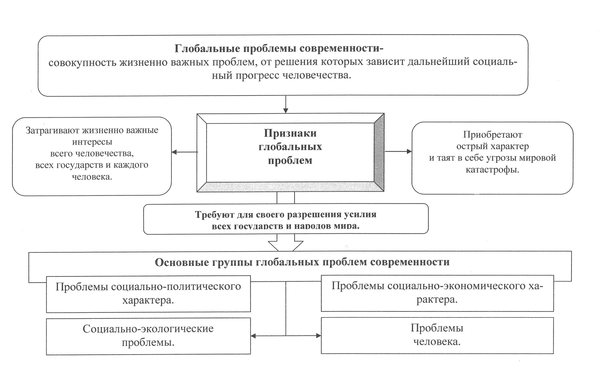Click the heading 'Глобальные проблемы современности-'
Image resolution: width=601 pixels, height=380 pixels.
tap(279, 49)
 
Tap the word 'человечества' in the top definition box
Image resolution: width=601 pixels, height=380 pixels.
tap(317, 76)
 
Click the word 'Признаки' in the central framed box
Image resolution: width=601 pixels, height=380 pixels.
tap(290, 133)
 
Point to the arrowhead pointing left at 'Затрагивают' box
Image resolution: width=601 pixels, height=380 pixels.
tap(174, 152)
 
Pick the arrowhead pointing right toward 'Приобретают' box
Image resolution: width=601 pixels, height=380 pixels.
tap(409, 151)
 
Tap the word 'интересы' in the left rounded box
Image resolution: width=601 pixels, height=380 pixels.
tap(92, 142)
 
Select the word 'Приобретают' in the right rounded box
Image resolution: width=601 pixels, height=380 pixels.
tap(492, 135)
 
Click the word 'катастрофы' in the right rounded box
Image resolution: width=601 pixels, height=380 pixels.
tap(492, 170)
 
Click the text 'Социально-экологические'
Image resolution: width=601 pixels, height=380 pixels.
tap(148, 329)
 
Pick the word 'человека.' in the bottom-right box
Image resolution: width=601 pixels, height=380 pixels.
tap(437, 342)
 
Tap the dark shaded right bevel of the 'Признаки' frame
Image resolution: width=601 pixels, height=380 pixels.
tap(379, 153)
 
